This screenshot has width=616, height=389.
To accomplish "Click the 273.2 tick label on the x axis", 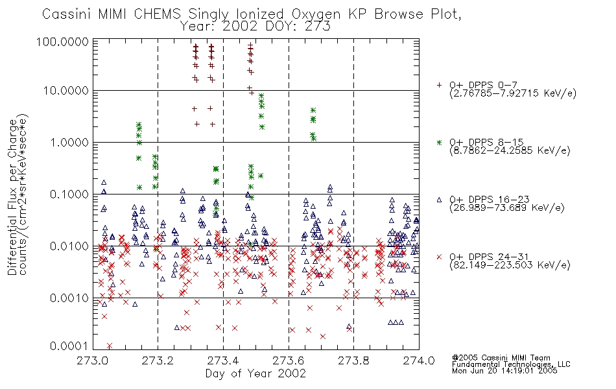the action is tap(158, 360).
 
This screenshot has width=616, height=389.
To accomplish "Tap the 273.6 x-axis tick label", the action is tap(289, 360).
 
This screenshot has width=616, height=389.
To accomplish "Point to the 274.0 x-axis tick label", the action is tap(419, 360).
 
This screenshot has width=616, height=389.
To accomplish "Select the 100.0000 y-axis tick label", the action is tap(62, 41).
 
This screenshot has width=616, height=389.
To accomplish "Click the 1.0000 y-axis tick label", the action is tap(69, 142).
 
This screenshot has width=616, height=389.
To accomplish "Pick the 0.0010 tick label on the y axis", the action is tap(69, 298).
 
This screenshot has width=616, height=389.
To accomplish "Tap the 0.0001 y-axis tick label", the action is tap(69, 346).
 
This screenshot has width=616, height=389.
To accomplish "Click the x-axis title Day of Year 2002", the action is tap(255, 373).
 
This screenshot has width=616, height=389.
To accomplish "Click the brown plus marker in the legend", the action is tap(439, 85).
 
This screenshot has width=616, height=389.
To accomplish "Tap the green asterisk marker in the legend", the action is tap(439, 142).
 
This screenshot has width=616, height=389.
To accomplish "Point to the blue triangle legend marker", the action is tap(439, 200).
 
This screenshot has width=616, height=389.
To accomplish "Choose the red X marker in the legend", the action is tap(439, 257).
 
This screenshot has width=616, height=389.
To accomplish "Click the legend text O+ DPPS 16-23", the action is tap(490, 200).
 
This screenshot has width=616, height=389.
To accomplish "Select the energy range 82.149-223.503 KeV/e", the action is tap(510, 265).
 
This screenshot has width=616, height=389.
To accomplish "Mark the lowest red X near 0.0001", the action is tap(109, 346).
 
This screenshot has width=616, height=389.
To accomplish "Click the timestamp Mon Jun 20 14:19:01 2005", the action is tap(504, 371).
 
